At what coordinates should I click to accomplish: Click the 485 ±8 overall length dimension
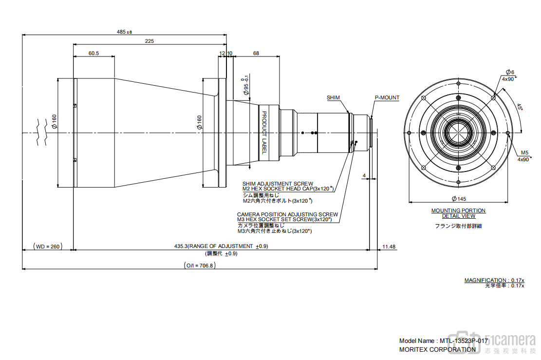click(124, 32)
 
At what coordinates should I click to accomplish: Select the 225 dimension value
click(149, 41)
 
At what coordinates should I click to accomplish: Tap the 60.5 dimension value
click(94, 54)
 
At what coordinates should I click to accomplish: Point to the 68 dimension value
click(256, 54)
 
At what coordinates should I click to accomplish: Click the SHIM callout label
click(334, 98)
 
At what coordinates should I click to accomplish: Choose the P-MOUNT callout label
click(387, 98)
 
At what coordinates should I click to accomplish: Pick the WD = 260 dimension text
click(48, 246)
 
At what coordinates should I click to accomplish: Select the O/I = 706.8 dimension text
click(200, 265)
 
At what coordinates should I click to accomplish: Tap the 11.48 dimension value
click(389, 246)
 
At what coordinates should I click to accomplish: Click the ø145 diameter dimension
click(458, 198)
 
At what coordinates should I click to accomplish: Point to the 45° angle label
click(520, 107)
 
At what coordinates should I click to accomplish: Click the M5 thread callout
click(524, 152)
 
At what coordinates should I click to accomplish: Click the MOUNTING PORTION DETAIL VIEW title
click(458, 213)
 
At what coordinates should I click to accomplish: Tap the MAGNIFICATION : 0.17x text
click(494, 280)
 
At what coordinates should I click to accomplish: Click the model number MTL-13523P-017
click(464, 341)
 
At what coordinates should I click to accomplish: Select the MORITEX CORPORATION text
click(437, 349)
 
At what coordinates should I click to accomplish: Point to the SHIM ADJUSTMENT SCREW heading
click(278, 184)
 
